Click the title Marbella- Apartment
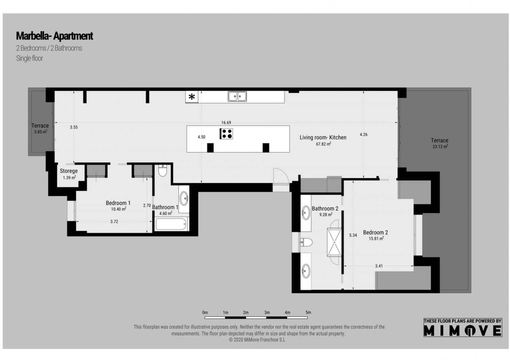coord(54,36)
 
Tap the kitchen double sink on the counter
coord(237,96)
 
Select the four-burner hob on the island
coord(226,134)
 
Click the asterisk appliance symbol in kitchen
coord(192,97)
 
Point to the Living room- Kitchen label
coord(323,138)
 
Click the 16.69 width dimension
coord(226,123)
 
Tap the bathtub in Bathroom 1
coord(171,224)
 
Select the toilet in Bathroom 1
coord(162,171)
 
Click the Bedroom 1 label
coord(118,203)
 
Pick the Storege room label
coord(68,171)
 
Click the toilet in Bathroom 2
coord(306,242)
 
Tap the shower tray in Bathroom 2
coord(334,242)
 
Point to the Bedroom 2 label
coord(375,233)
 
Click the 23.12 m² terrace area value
coord(440,147)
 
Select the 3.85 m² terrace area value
coord(40,132)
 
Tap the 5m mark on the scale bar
coord(308,313)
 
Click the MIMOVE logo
coord(463,330)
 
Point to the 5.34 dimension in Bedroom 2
coord(353,236)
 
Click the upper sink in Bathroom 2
coord(306,213)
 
